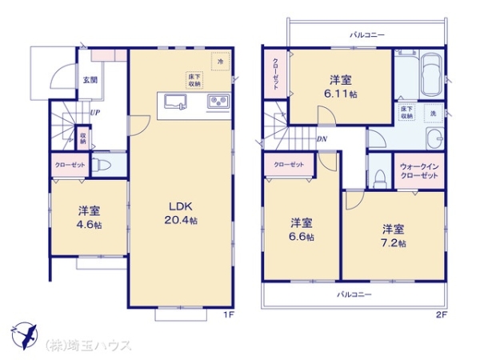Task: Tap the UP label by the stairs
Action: [x=95, y=114]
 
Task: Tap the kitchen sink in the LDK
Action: [x=175, y=102]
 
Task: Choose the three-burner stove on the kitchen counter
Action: [x=218, y=102]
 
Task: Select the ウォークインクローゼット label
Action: [x=419, y=170]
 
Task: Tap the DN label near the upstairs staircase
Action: [x=320, y=138]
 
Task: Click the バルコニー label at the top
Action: [x=366, y=35]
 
